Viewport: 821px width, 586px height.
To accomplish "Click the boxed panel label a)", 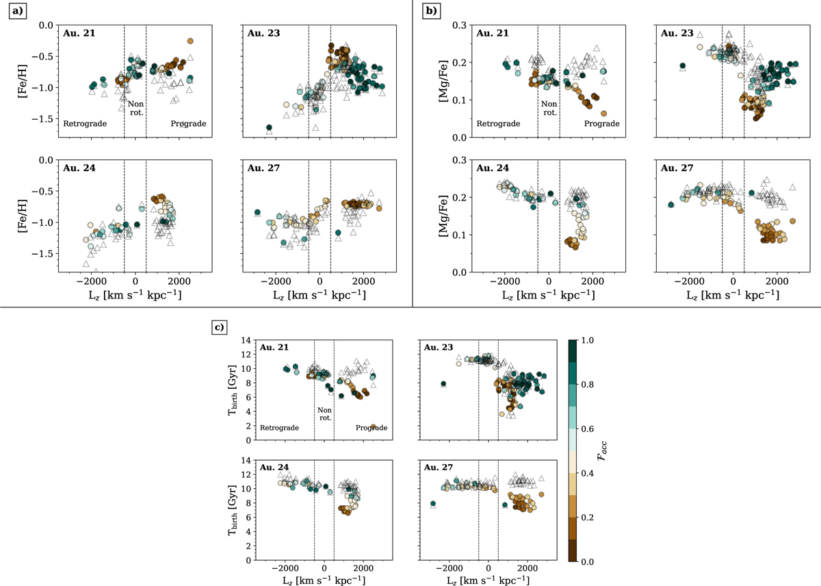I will (x=16, y=13).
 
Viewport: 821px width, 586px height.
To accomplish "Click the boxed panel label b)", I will (x=430, y=13).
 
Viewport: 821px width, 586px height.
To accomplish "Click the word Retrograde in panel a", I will (x=83, y=124).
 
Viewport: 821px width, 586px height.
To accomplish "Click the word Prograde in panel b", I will (x=602, y=124).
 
